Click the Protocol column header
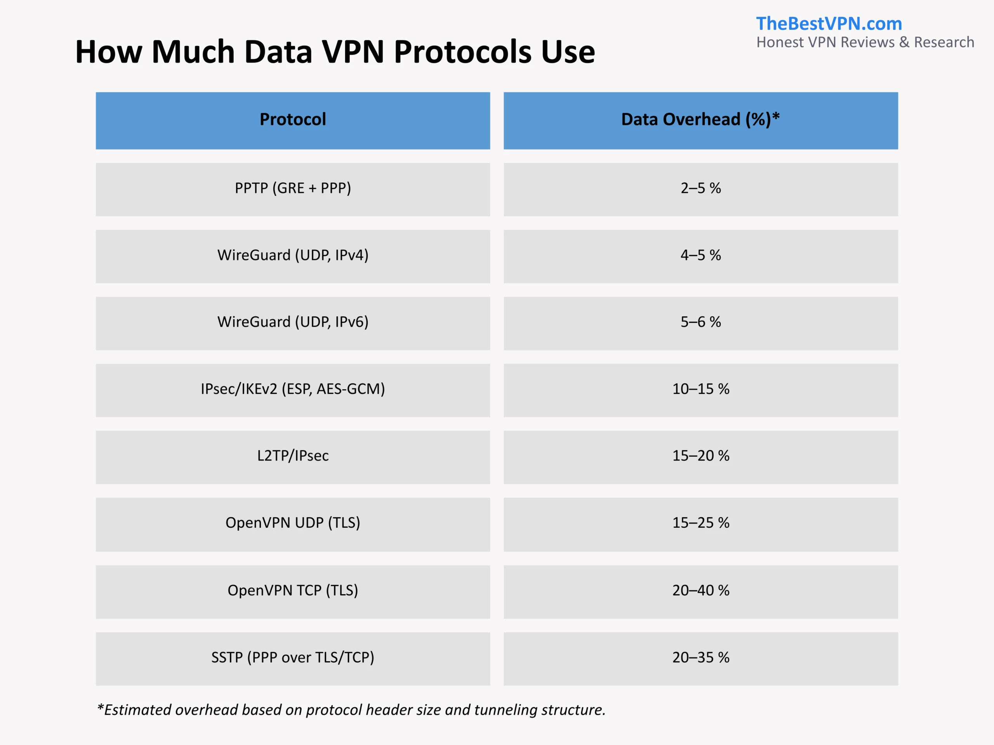[292, 120]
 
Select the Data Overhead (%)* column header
[700, 120]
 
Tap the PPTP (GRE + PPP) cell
[292, 188]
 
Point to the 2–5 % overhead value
[700, 188]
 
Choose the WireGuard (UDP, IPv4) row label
[292, 255]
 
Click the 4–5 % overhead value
[700, 255]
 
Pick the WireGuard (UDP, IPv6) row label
[292, 322]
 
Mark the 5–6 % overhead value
[700, 322]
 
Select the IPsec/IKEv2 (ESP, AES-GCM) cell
[292, 389]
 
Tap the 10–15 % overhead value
[700, 389]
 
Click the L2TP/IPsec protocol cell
[292, 456]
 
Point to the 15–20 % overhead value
[700, 456]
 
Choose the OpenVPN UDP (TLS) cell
[292, 523]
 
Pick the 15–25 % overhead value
[700, 523]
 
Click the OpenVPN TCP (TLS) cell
[292, 590]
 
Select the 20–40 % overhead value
[700, 590]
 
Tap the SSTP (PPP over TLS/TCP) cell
[292, 657]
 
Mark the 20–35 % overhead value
[700, 657]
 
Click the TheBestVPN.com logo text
[829, 24]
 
